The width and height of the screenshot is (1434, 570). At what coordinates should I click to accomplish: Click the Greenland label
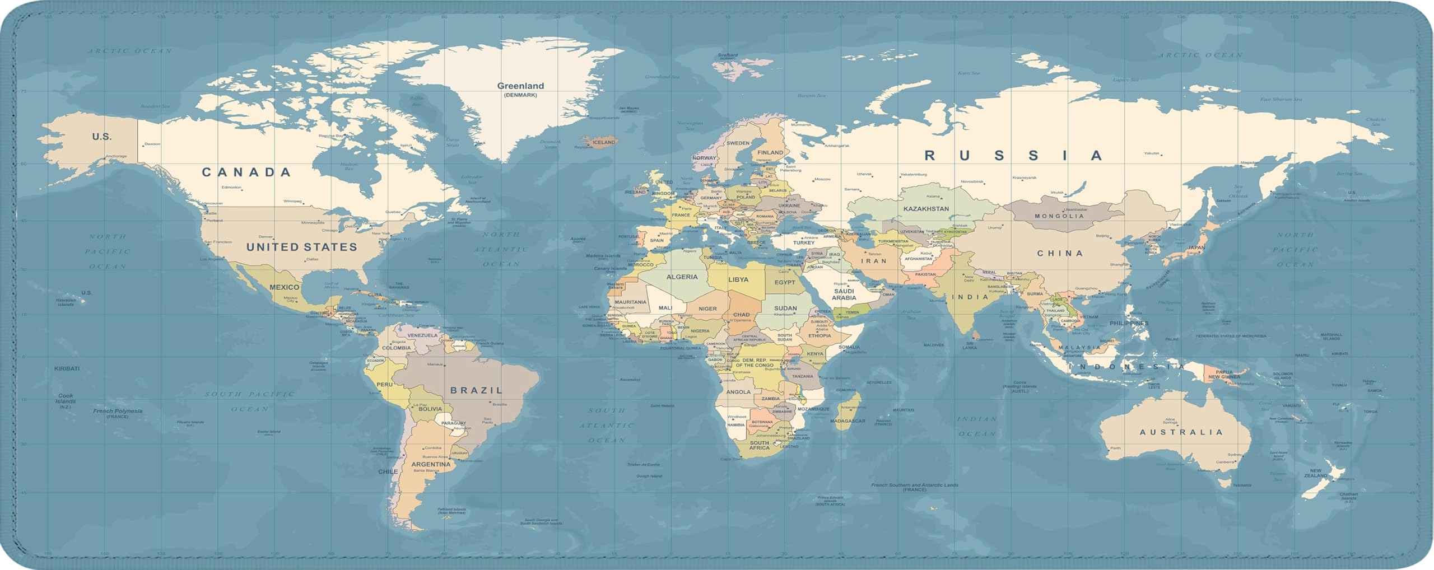coord(520,86)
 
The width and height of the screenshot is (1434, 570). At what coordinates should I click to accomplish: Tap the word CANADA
coord(246,172)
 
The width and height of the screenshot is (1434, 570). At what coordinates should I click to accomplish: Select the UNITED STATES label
coord(301,247)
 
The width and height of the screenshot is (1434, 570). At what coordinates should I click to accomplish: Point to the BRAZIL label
coord(476,390)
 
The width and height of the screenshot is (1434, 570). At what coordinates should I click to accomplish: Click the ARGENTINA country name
coord(431,464)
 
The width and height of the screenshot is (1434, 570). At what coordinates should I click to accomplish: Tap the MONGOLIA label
coord(1059,216)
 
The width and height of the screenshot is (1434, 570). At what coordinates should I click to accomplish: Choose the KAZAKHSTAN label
coord(926,209)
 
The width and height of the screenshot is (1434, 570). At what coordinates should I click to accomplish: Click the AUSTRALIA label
coord(1181,432)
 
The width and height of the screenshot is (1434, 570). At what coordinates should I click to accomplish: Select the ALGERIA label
coord(682,277)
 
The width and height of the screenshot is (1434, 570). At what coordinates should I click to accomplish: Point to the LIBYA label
coord(738,279)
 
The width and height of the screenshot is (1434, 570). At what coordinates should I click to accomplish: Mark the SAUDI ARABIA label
coord(844,295)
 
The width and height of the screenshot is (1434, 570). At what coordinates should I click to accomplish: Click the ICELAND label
coord(603,142)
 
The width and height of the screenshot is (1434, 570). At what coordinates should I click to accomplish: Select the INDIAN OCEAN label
coord(977,426)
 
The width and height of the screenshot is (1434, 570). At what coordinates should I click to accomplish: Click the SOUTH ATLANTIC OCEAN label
coord(607,426)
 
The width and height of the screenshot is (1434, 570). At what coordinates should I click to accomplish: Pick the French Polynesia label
coord(118,411)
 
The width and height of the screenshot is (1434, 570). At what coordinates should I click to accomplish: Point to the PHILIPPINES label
coord(1129,323)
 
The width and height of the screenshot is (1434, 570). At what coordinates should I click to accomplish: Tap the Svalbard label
coord(728,55)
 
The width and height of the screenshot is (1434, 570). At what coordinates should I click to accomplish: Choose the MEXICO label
coord(284,287)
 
